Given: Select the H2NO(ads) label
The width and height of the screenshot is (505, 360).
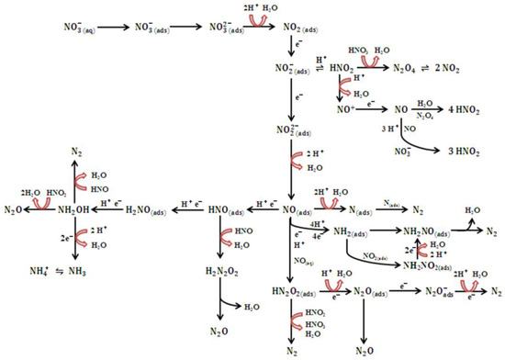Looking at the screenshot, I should pos(146,210).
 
